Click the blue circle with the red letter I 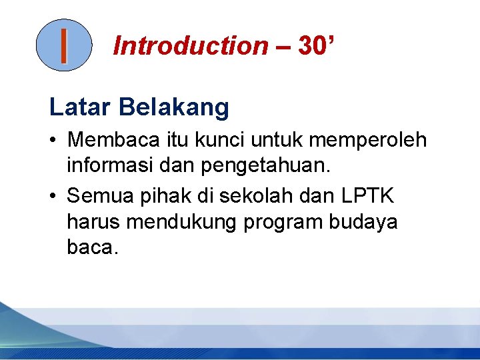tap(63, 45)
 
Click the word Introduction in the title tap(190, 46)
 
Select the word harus tap(93, 222)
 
